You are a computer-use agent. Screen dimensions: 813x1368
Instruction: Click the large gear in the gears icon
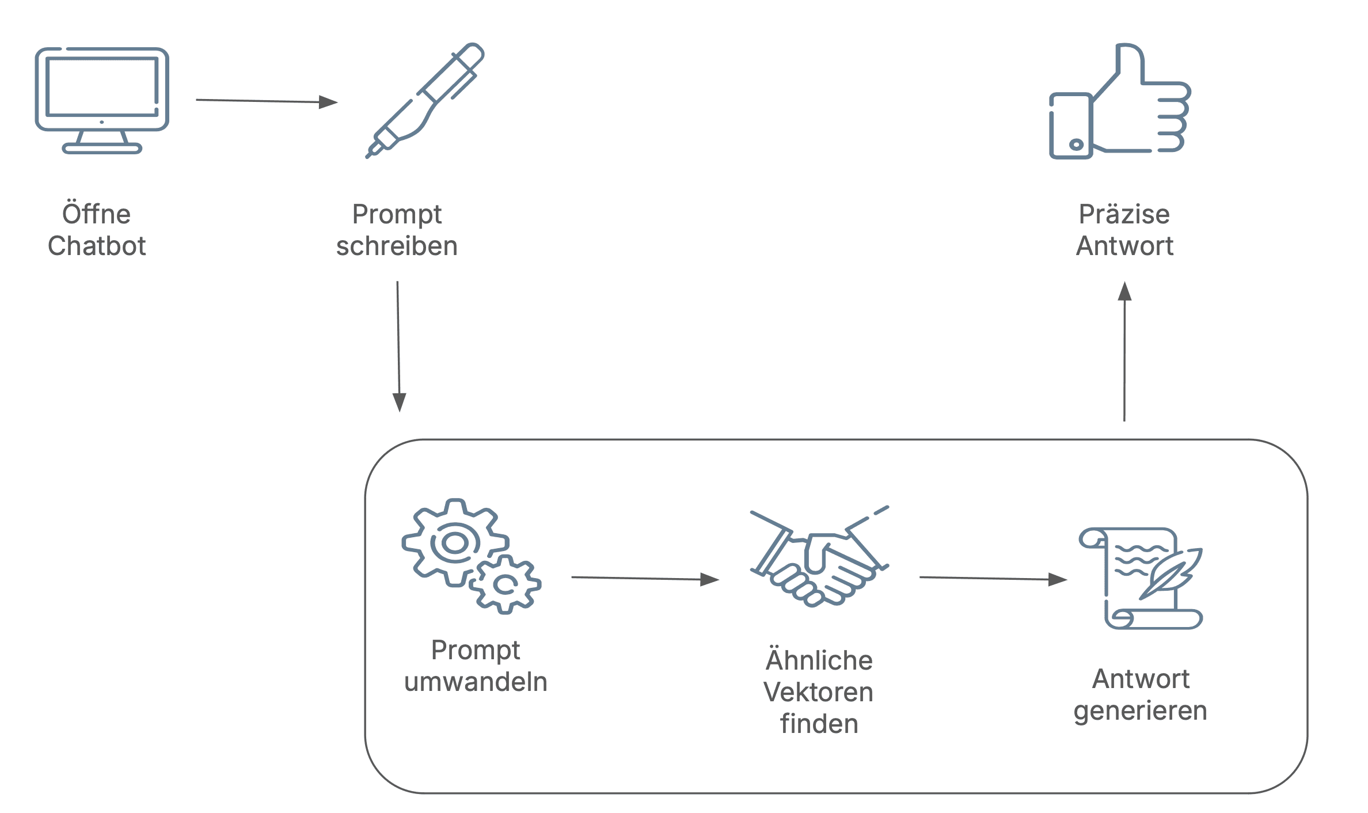pyautogui.click(x=454, y=542)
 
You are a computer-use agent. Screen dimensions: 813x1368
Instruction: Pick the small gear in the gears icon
pyautogui.click(x=506, y=584)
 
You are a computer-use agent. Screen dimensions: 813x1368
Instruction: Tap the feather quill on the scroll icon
pyautogui.click(x=1172, y=572)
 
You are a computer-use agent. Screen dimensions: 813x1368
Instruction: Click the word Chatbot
pyautogui.click(x=97, y=246)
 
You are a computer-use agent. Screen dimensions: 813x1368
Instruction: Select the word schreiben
pyautogui.click(x=397, y=246)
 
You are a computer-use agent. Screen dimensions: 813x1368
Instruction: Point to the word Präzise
pyautogui.click(x=1124, y=214)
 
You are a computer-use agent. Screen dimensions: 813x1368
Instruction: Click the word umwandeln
pyautogui.click(x=476, y=682)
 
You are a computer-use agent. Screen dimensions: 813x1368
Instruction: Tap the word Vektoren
pyautogui.click(x=818, y=692)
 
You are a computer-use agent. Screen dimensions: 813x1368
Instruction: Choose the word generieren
pyautogui.click(x=1140, y=711)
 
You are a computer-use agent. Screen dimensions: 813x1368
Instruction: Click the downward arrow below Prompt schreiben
pyautogui.click(x=398, y=345)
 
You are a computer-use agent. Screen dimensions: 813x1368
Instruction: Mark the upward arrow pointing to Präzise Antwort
pyautogui.click(x=1124, y=351)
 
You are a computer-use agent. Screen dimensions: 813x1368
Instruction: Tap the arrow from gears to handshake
pyautogui.click(x=645, y=579)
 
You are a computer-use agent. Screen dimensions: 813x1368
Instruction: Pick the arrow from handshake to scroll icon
pyautogui.click(x=993, y=579)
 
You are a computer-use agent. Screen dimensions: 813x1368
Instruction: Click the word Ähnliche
pyautogui.click(x=819, y=660)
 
